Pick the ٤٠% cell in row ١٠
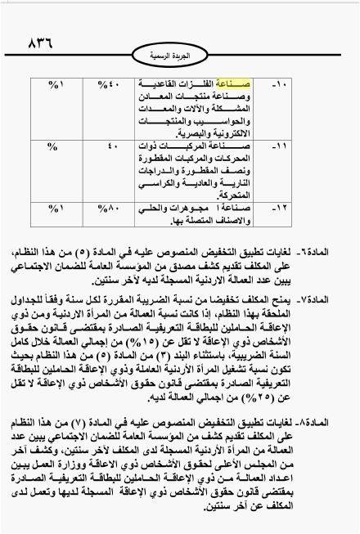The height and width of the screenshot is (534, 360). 109,84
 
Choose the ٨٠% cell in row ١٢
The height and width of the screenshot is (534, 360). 109,208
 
